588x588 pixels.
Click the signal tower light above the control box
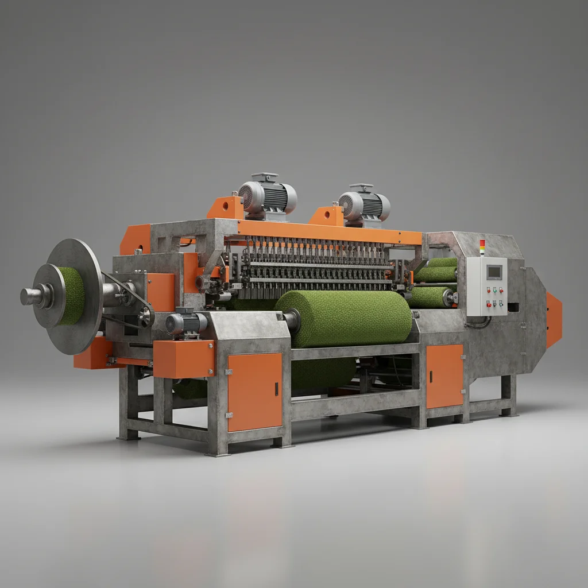pos(482,247)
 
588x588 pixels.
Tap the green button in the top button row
pos(501,290)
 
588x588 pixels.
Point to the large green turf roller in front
pos(345,319)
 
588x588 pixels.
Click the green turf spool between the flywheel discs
pos(72,295)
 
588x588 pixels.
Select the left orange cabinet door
pos(255,392)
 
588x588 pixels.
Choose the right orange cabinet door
pos(444,376)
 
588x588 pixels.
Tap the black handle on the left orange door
pos(276,389)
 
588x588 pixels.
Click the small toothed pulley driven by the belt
pos(146,316)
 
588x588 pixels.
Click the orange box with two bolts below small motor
pos(183,358)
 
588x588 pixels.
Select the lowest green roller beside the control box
pos(431,297)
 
